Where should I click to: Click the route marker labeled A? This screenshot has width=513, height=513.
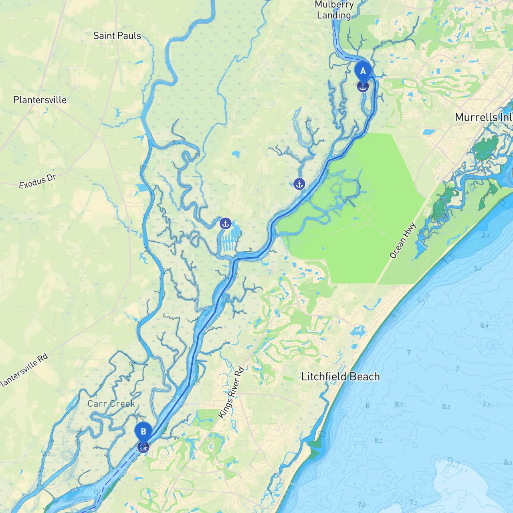click(363, 71)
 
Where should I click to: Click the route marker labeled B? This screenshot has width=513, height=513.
click(143, 432)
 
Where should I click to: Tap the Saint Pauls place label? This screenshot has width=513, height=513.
click(117, 36)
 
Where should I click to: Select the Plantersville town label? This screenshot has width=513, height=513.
click(40, 100)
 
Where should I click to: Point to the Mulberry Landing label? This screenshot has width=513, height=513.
click(334, 10)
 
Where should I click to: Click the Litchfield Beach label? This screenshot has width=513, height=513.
click(340, 377)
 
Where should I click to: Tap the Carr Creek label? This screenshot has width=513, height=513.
click(111, 404)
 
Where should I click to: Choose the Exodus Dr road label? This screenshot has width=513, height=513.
click(37, 182)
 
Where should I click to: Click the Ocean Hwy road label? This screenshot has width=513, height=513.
click(403, 240)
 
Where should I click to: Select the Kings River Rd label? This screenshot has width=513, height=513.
click(231, 393)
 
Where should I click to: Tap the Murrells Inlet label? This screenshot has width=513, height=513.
click(483, 117)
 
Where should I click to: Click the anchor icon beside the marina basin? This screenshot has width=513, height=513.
click(226, 223)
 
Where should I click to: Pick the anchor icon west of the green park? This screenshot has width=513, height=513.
click(299, 184)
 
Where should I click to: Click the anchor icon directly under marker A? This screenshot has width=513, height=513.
click(363, 86)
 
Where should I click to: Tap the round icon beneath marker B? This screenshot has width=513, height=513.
click(143, 447)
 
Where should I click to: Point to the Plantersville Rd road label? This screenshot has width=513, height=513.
click(24, 370)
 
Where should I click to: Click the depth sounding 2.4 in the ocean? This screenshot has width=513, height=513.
click(485, 235)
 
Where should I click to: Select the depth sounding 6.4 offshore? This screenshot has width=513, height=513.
click(484, 325)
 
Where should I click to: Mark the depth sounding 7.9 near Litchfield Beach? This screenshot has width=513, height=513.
click(486, 404)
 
